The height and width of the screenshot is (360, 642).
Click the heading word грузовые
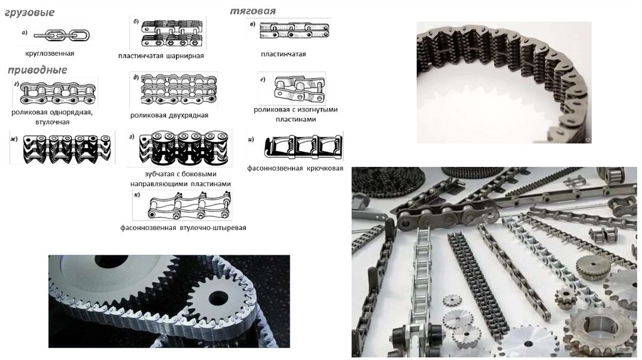click(29, 13)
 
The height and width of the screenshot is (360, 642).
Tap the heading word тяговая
click(253, 11)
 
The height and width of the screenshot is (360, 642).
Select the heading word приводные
click(37, 70)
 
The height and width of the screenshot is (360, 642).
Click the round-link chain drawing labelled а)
click(61, 35)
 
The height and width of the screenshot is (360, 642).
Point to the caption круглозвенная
click(50, 53)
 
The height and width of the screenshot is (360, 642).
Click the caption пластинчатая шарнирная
click(161, 56)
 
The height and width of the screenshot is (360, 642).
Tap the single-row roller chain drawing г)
click(58, 93)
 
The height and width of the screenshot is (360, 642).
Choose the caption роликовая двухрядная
click(169, 115)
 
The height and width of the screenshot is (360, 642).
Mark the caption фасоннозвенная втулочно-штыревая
click(183, 228)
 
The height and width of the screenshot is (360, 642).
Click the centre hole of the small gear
click(218, 298)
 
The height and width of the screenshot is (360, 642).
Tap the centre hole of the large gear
click(112, 261)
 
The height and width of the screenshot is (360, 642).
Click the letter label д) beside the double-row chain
click(136, 77)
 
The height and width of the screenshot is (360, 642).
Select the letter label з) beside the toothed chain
click(132, 137)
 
